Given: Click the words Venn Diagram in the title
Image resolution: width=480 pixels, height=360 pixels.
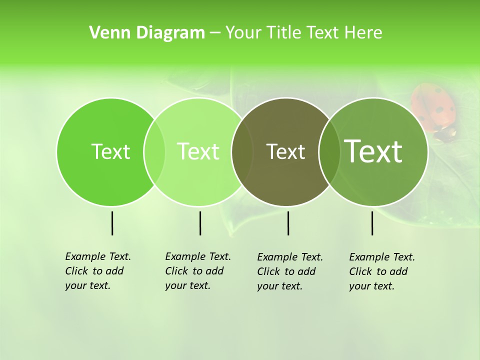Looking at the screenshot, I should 147,33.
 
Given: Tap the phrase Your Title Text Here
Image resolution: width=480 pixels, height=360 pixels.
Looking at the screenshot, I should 303,33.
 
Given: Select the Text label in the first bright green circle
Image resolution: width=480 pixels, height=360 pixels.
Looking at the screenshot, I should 110,151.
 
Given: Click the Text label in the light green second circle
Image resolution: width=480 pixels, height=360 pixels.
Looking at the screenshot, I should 198,151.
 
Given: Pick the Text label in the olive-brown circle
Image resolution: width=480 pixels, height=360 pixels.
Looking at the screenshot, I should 285,151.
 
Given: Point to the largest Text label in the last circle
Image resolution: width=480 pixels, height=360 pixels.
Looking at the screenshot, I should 373,151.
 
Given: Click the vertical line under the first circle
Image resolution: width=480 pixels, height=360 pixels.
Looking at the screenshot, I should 112,223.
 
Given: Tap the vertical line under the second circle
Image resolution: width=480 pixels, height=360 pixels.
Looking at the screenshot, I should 200,223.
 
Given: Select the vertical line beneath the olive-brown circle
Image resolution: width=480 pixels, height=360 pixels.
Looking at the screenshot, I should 288,223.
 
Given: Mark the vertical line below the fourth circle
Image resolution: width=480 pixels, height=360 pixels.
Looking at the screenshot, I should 372,223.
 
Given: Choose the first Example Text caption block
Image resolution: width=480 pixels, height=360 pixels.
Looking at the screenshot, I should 98,271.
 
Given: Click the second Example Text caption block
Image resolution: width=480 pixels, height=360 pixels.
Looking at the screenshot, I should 198,271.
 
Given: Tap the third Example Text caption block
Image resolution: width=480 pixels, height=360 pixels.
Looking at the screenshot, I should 290,271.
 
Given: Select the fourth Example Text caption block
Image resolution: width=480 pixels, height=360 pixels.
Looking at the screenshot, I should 382,271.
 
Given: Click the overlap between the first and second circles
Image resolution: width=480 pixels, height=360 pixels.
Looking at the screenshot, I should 154,151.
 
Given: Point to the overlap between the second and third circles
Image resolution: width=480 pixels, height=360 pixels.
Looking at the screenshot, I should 242,151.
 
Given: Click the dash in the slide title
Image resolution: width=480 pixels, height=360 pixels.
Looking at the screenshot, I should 215,33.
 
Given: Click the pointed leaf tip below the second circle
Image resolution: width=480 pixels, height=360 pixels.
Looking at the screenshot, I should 230,233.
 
